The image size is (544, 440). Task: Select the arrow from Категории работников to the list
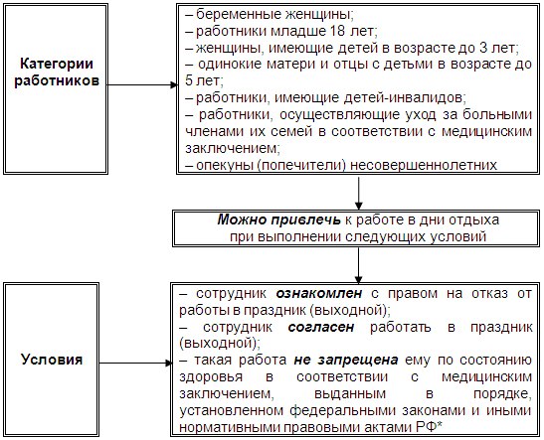142,84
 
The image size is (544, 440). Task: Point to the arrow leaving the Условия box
135,364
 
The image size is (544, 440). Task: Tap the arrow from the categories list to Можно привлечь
358,193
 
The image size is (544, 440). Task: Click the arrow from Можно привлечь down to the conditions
358,265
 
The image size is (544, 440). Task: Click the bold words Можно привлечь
278,220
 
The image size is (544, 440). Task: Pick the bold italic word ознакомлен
319,293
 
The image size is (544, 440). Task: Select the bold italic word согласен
321,327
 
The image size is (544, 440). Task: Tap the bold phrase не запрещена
346,361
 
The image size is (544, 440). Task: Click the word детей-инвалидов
404,98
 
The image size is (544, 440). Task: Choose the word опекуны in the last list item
225,166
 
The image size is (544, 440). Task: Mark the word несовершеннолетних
424,165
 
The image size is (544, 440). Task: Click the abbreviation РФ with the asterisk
429,427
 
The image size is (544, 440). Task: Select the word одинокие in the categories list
230,65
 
